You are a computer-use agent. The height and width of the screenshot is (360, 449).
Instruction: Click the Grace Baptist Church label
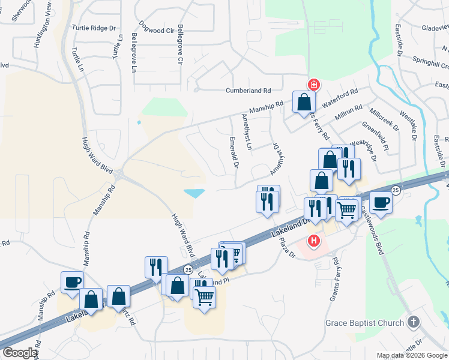pyautogui.click(x=365, y=323)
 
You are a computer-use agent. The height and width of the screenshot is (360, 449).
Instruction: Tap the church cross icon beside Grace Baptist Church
pyautogui.click(x=412, y=323)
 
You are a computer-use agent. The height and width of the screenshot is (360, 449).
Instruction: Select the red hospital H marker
pyautogui.click(x=313, y=242)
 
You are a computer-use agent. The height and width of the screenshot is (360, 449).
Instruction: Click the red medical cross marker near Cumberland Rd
pyautogui.click(x=313, y=85)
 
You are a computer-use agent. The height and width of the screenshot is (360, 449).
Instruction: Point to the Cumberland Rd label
pyautogui.click(x=249, y=91)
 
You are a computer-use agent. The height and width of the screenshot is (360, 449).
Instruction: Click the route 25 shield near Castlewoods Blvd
pyautogui.click(x=396, y=190)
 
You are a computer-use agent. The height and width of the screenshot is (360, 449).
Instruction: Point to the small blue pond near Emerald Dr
pyautogui.click(x=195, y=193)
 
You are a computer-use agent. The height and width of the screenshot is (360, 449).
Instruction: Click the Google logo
pyautogui.click(x=19, y=353)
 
